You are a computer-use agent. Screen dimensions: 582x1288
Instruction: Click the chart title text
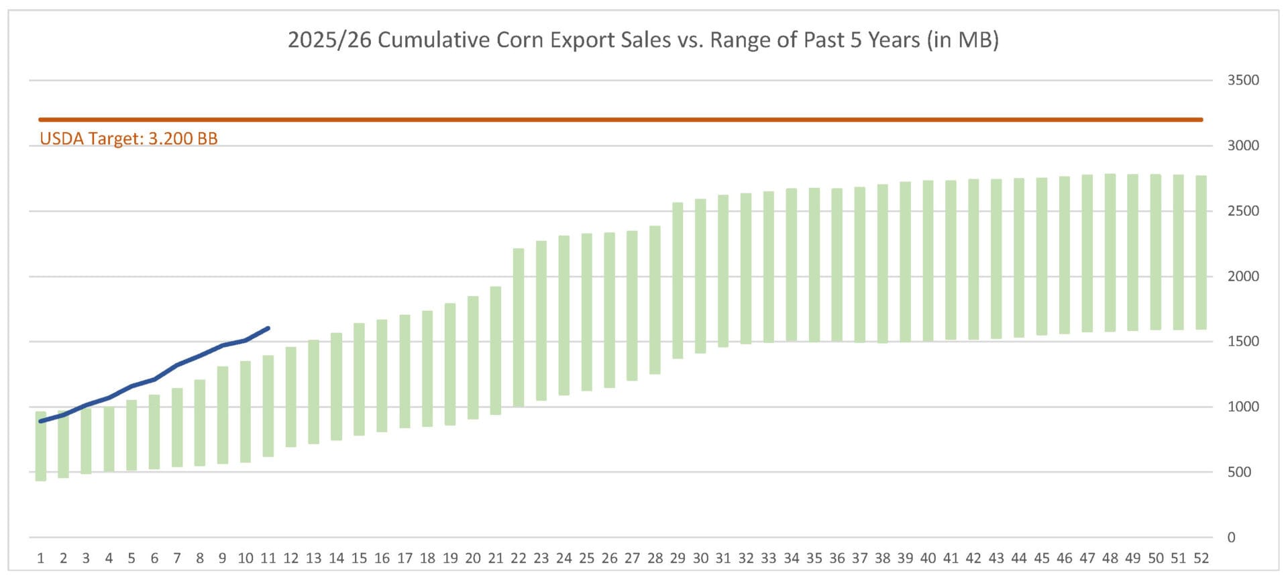[643, 40]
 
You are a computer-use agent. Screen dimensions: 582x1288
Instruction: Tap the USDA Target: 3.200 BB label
[129, 139]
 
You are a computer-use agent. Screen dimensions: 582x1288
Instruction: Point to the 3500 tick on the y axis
[1243, 81]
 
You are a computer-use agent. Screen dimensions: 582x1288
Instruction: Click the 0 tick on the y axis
[1231, 537]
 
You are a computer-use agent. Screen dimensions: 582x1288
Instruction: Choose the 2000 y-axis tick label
[1243, 276]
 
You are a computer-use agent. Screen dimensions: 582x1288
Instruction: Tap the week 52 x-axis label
[1201, 558]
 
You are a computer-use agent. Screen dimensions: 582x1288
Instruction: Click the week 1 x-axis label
[41, 558]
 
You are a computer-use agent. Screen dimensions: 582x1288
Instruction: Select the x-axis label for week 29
[678, 558]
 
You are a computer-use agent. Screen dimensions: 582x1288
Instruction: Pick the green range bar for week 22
[519, 328]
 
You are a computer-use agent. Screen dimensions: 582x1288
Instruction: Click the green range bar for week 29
[678, 281]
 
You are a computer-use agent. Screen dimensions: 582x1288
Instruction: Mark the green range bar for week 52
[1201, 252]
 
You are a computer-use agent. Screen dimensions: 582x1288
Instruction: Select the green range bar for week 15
[359, 379]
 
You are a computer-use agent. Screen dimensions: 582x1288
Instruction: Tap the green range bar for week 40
[928, 260]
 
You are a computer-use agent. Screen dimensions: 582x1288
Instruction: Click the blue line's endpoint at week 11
[268, 328]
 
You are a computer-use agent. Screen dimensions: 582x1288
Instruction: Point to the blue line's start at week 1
[41, 421]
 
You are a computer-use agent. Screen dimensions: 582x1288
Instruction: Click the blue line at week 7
[177, 365]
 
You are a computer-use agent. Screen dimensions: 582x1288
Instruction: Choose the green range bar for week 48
[1110, 252]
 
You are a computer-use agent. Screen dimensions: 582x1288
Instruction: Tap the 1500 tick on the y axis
[1243, 341]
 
